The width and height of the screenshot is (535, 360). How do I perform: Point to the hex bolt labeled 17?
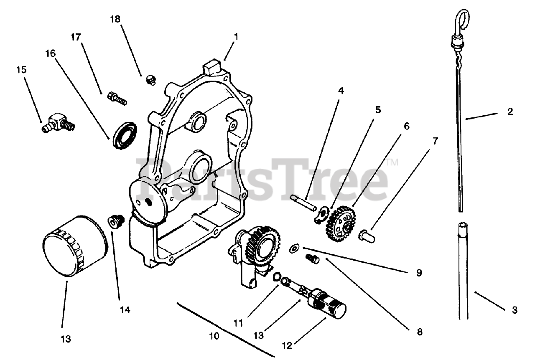tap(117, 99)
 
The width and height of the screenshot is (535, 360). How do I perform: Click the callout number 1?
tap(236, 37)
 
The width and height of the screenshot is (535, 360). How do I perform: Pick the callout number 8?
tap(419, 332)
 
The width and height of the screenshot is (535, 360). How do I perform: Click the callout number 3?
tap(515, 310)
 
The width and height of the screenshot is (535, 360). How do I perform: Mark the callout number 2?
tap(510, 112)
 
